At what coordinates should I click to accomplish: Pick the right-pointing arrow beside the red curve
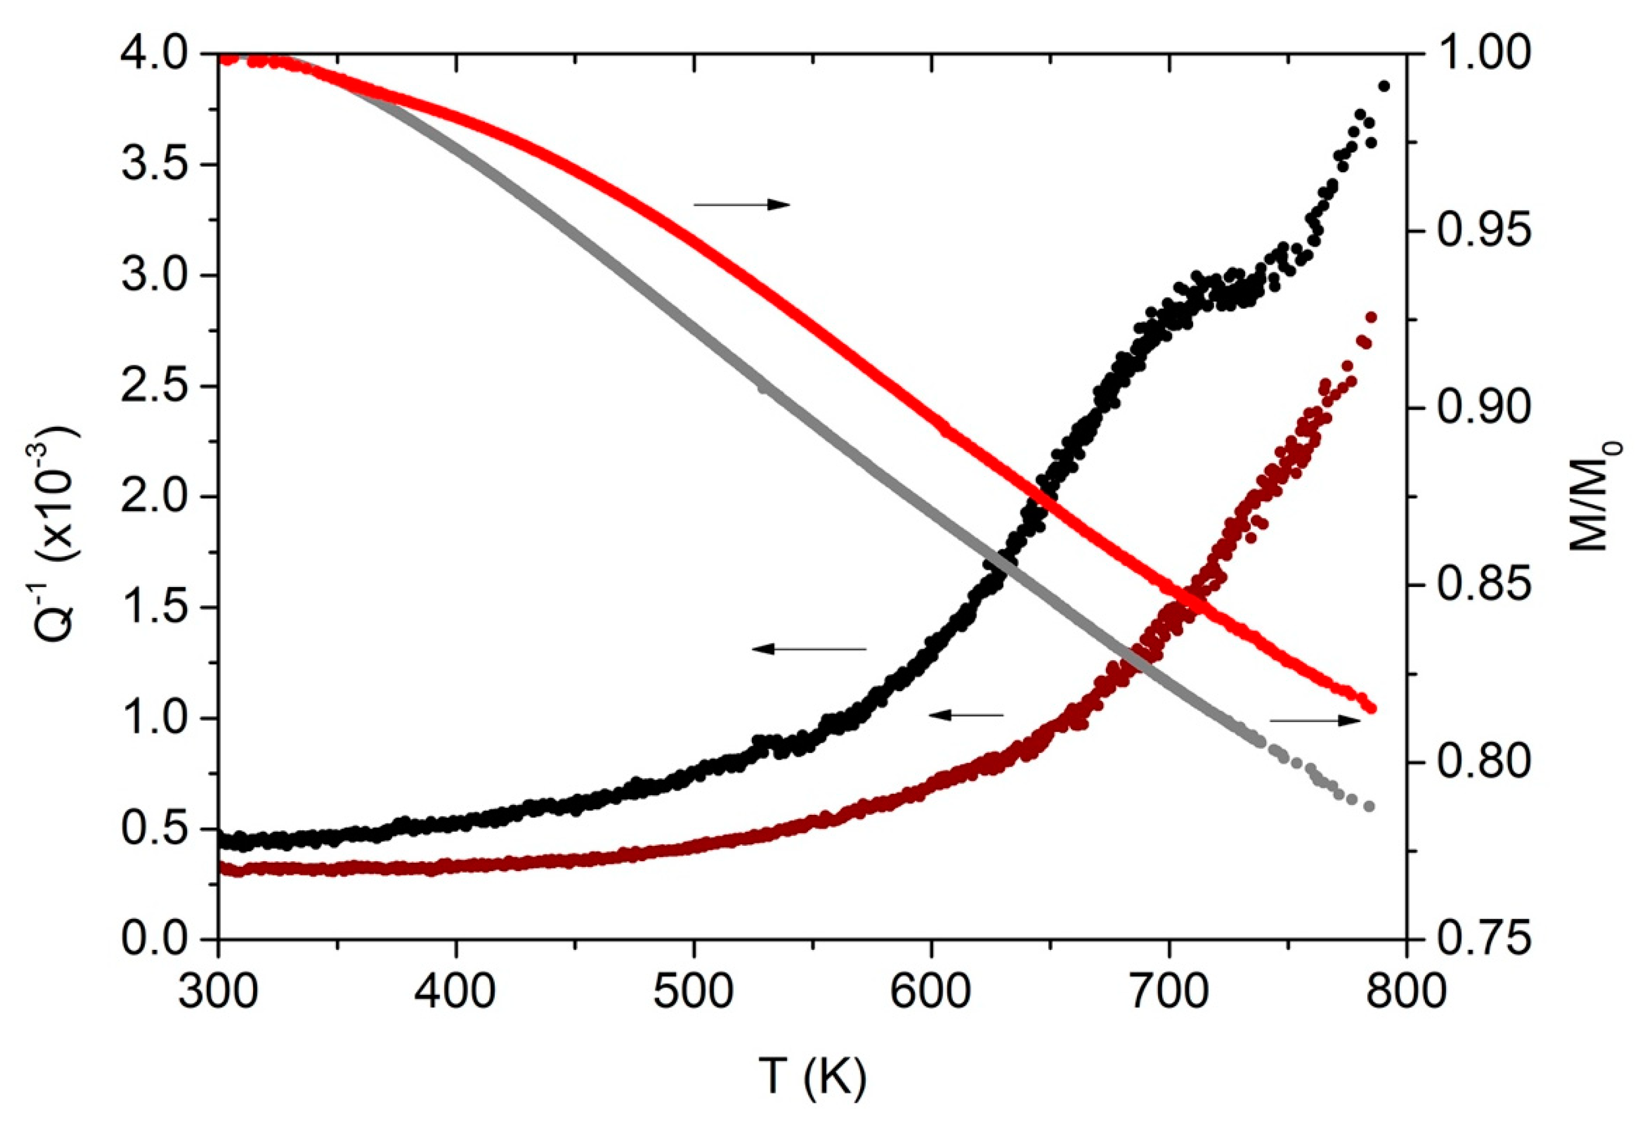pyautogui.click(x=742, y=205)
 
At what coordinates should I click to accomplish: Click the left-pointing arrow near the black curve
pyautogui.click(x=809, y=649)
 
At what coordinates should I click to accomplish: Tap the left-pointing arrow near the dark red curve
pyautogui.click(x=965, y=714)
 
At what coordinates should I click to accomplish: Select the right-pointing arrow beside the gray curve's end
pyautogui.click(x=1315, y=721)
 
